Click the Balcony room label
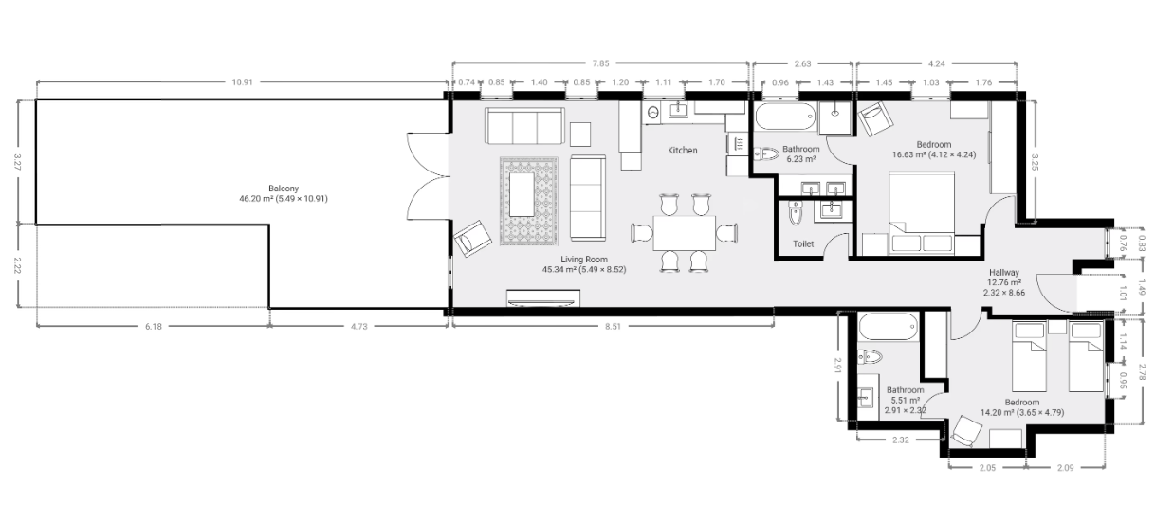tap(284, 189)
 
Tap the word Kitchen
tap(682, 151)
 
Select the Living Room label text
tap(584, 260)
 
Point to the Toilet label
tap(803, 243)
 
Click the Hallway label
tap(1004, 273)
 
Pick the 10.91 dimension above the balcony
tap(243, 81)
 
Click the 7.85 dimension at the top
tap(600, 63)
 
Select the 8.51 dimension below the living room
tap(614, 326)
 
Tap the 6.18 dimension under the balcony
tap(153, 326)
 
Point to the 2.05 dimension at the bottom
tap(987, 468)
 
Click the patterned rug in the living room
tap(529, 201)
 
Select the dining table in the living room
tap(685, 233)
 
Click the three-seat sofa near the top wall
tap(524, 126)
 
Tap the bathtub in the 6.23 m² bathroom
tap(785, 117)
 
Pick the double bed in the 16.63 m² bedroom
tap(922, 213)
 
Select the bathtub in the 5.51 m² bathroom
tap(889, 327)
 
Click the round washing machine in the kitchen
tap(653, 113)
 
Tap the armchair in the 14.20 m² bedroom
tap(966, 430)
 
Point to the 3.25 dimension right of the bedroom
tap(1035, 162)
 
